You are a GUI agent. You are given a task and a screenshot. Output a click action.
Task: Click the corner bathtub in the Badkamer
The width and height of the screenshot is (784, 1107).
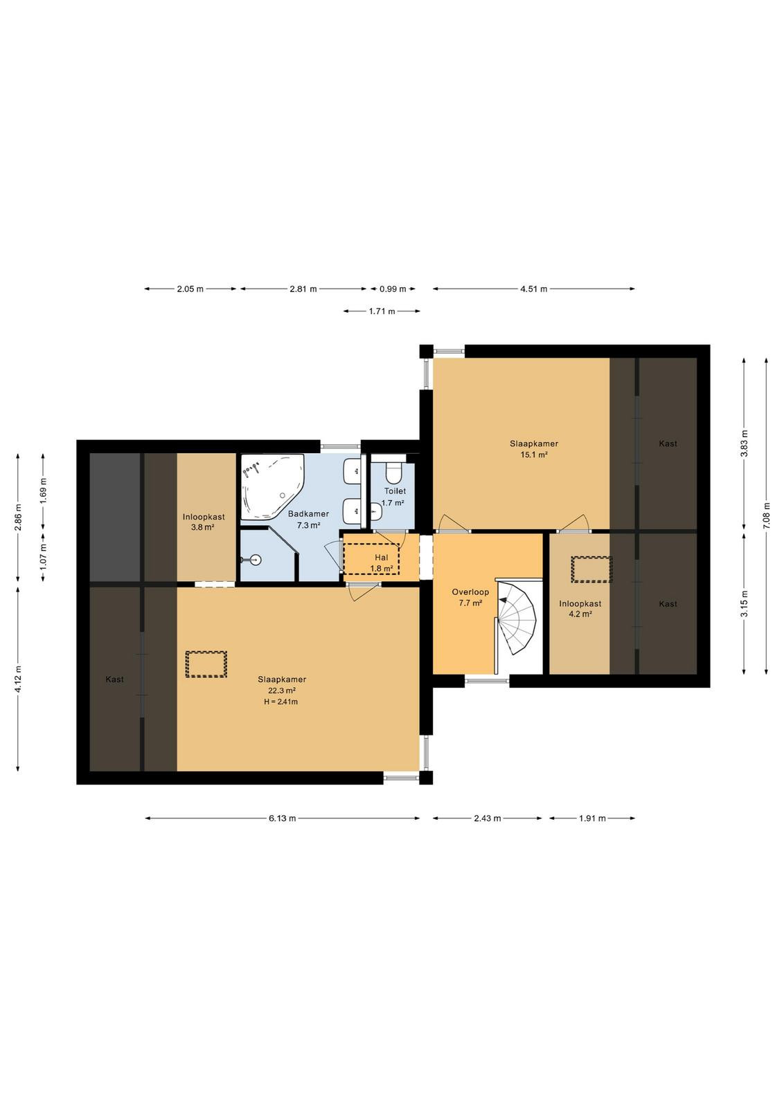(272, 487)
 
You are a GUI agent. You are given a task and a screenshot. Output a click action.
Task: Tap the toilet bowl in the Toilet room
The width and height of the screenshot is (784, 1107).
(394, 473)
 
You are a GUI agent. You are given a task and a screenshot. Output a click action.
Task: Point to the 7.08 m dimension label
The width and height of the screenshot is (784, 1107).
(767, 515)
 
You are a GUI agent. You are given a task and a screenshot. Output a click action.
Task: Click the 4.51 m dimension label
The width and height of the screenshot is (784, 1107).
(534, 289)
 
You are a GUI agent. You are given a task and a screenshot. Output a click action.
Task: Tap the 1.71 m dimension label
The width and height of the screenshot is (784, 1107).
(382, 311)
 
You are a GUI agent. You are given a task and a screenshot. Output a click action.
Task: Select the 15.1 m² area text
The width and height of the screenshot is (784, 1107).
(534, 455)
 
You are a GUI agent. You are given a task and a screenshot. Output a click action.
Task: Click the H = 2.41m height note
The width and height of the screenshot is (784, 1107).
(281, 702)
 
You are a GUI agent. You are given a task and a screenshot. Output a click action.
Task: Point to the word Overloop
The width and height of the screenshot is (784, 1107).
(470, 592)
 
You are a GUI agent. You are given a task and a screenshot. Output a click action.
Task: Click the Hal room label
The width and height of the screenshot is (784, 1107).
(382, 558)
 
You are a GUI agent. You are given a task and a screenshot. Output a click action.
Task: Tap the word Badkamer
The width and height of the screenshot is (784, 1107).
(309, 514)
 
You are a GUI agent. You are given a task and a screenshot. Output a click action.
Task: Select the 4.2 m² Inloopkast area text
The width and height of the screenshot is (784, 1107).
(580, 614)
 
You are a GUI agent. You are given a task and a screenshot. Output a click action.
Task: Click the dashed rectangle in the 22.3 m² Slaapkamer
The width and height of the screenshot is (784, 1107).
(206, 664)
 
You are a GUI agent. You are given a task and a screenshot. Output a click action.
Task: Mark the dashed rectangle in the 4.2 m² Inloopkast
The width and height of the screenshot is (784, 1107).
(591, 569)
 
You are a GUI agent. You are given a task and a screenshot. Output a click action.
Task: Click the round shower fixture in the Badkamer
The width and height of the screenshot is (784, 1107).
(255, 560)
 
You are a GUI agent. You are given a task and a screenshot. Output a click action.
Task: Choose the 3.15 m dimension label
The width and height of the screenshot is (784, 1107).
(745, 603)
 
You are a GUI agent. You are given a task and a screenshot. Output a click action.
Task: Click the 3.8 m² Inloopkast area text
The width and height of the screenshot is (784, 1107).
(203, 527)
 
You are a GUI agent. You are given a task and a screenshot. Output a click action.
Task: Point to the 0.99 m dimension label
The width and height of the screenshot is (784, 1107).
(393, 289)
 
